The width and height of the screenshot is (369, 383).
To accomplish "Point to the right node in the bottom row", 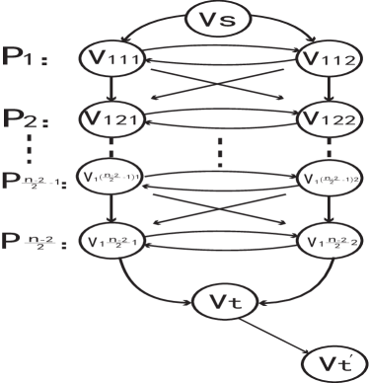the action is tap(324, 242).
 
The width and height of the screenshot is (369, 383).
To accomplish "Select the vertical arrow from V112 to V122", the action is tap(324, 90).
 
